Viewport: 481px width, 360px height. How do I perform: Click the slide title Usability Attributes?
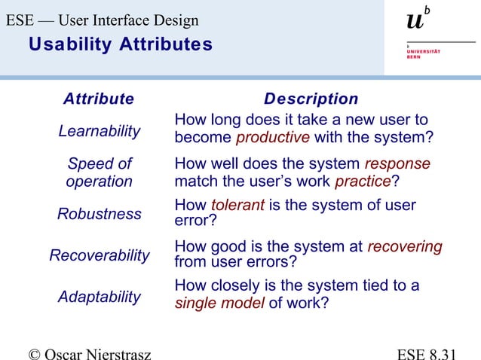point(121,45)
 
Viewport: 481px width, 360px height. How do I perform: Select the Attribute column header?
point(99,99)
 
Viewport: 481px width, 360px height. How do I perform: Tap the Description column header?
point(311,99)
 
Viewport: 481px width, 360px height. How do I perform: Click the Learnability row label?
point(100,130)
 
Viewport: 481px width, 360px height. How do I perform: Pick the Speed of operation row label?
point(100,172)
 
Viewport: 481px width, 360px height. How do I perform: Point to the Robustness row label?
point(100,214)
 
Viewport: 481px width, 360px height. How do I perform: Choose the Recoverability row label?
point(100,255)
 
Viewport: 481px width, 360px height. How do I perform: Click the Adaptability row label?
point(100,297)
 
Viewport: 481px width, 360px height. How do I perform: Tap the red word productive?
point(273,138)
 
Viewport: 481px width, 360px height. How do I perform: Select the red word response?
point(397,164)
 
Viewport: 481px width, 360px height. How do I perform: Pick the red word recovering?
point(404,247)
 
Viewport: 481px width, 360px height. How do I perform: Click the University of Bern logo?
point(423,34)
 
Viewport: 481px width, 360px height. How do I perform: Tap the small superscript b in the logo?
point(427,10)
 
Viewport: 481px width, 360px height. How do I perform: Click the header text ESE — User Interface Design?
point(103,20)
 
